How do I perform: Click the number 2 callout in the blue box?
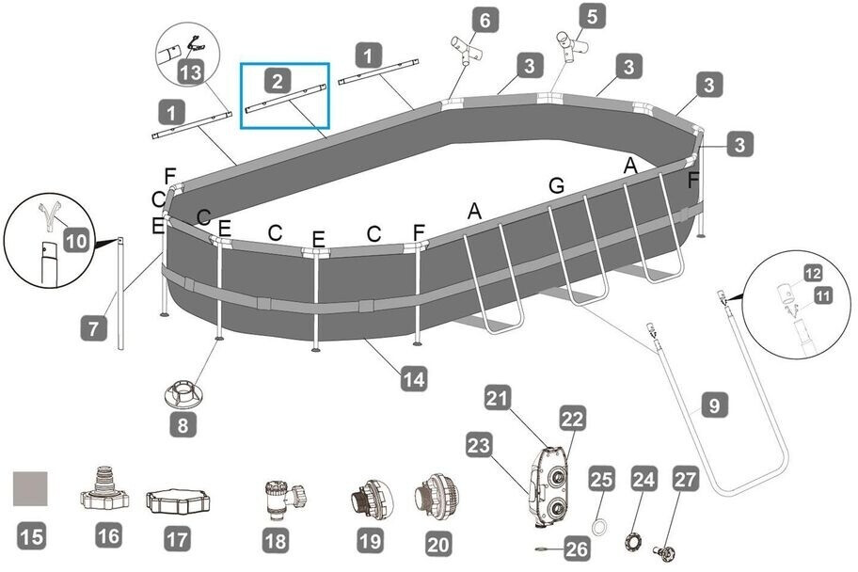(x=278, y=81)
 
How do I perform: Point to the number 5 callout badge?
(x=592, y=16)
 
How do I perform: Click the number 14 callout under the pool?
(x=413, y=380)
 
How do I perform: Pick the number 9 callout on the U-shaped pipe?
(x=714, y=406)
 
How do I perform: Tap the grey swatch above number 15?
(x=30, y=488)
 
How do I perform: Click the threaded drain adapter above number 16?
(x=109, y=485)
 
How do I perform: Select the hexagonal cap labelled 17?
(x=177, y=501)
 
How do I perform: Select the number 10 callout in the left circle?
(x=77, y=242)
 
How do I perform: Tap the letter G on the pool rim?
(x=556, y=185)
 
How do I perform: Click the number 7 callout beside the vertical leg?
(x=93, y=329)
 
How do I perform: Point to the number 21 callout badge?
(x=499, y=398)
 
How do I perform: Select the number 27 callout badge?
(x=685, y=479)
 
